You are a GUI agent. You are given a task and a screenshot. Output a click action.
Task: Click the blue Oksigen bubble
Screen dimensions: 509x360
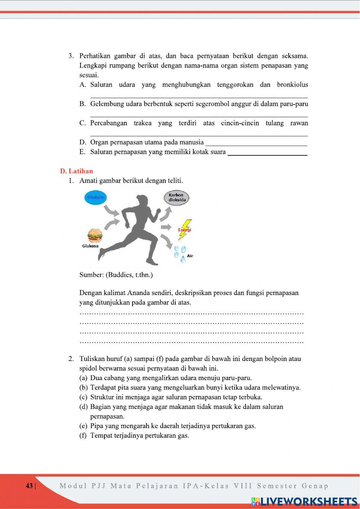95,197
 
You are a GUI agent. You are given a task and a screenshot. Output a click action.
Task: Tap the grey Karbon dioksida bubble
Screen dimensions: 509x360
176,198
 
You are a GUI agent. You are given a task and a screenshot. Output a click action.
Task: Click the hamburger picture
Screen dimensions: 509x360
95,236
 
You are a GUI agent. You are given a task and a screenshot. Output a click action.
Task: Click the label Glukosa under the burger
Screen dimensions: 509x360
90,246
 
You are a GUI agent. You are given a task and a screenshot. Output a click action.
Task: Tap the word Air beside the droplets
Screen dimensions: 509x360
190,256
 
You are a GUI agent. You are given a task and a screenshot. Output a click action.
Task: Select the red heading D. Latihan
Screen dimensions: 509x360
76,171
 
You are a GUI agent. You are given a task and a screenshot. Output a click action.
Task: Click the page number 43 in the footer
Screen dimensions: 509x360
29,486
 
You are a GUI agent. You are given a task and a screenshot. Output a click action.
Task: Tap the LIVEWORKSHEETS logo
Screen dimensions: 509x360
304,501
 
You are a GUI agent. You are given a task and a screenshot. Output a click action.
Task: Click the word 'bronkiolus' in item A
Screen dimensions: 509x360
292,85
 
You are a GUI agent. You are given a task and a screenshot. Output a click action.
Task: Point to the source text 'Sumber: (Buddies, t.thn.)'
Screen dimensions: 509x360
116,275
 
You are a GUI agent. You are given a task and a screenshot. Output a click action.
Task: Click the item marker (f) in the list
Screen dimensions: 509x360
83,436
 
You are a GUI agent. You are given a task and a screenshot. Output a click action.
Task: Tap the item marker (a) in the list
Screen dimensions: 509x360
83,378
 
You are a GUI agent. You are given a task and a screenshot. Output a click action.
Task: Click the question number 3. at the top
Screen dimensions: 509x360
71,56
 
